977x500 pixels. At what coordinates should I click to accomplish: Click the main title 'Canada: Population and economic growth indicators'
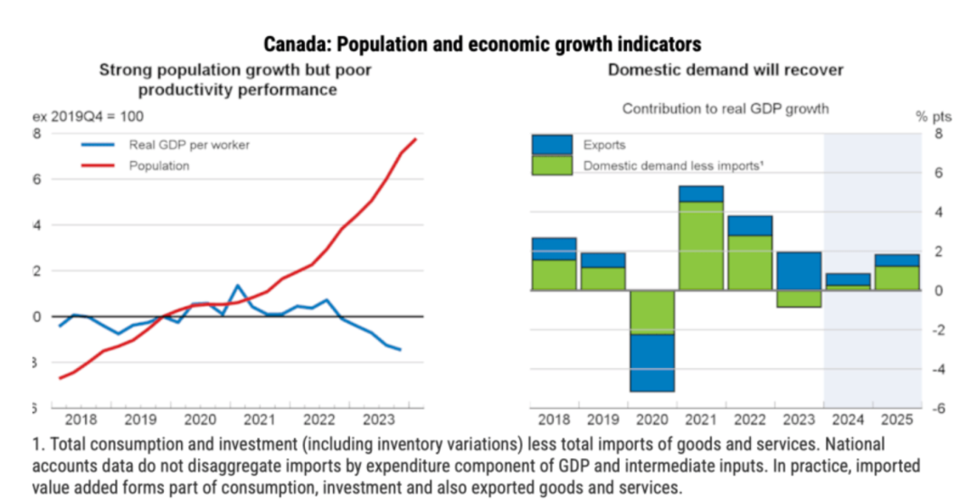click(482, 43)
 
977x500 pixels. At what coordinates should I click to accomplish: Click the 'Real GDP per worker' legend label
click(189, 144)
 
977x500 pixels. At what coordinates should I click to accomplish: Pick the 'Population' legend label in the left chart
click(159, 165)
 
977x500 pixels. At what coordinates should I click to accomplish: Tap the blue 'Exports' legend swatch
click(552, 144)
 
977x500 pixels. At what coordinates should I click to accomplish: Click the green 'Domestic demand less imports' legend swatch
click(552, 165)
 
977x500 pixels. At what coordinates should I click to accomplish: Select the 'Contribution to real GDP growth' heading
click(725, 108)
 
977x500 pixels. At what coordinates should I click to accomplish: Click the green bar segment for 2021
click(702, 244)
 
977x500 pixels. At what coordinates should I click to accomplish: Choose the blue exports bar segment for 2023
click(800, 270)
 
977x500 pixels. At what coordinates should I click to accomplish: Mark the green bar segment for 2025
click(897, 278)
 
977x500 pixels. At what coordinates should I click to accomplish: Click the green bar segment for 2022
click(750, 262)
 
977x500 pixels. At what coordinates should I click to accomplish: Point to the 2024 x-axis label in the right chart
click(849, 420)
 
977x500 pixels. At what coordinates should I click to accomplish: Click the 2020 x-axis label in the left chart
click(200, 420)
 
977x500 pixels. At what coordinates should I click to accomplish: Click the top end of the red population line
click(415, 139)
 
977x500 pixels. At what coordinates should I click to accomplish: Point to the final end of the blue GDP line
click(400, 349)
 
